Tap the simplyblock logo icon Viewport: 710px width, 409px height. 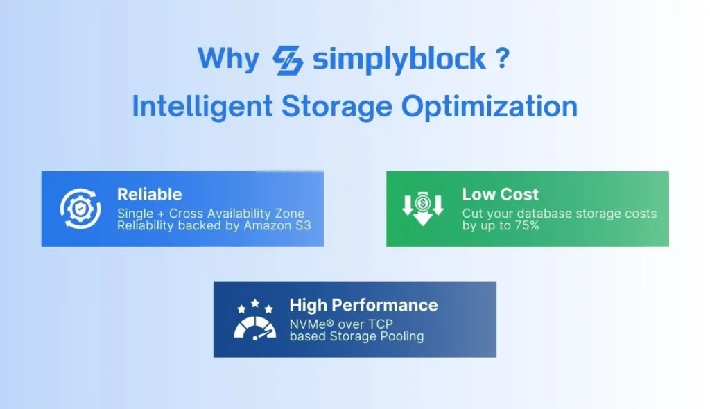click(x=288, y=60)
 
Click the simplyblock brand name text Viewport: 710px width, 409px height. click(x=399, y=59)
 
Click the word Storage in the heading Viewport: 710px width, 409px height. click(x=336, y=107)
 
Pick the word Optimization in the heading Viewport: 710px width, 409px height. click(x=490, y=107)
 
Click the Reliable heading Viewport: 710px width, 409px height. click(x=149, y=195)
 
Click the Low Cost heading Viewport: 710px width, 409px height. click(x=500, y=195)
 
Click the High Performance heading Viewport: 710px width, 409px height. click(x=363, y=305)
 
